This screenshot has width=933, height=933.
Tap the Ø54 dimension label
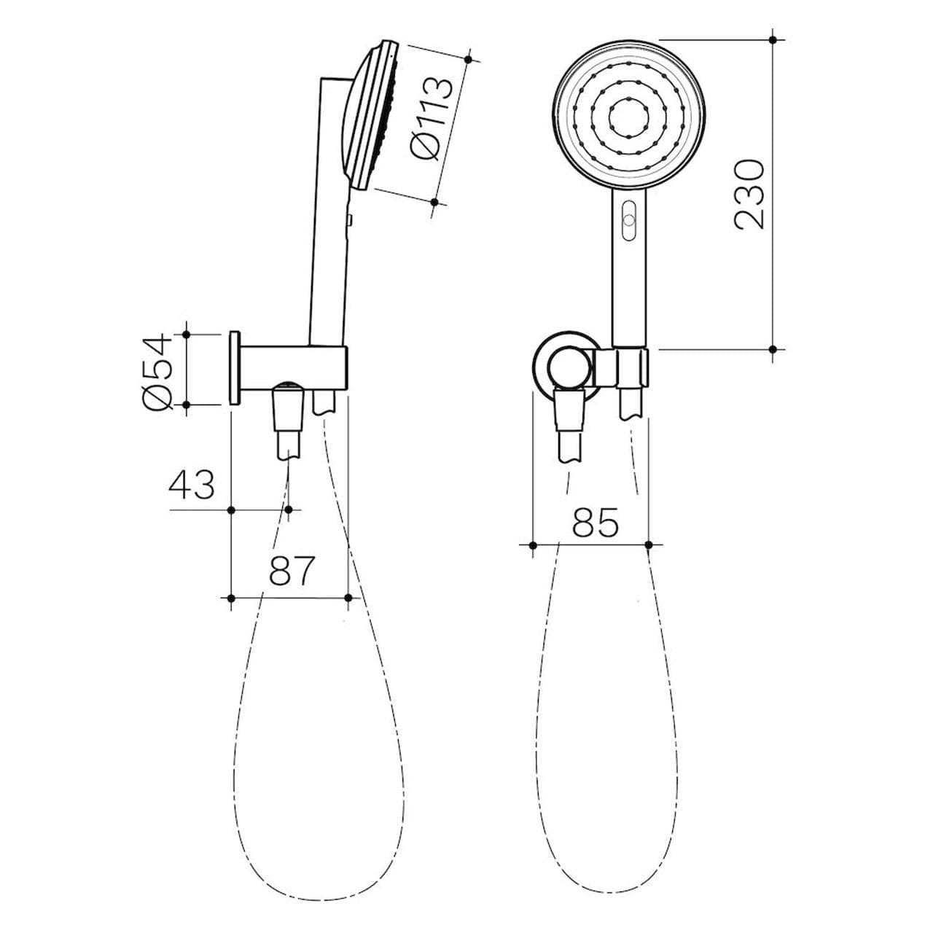click(158, 372)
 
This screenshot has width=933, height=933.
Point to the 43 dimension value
click(192, 485)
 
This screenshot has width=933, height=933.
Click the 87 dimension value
click(292, 571)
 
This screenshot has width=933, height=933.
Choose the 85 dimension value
click(595, 522)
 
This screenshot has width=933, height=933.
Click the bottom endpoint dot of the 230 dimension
click(773, 349)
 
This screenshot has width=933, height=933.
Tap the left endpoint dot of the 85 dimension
click(533, 544)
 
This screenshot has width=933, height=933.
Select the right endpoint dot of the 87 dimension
click(348, 598)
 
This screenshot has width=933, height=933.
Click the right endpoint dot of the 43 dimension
click(289, 510)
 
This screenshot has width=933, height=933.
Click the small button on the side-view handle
click(350, 219)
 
